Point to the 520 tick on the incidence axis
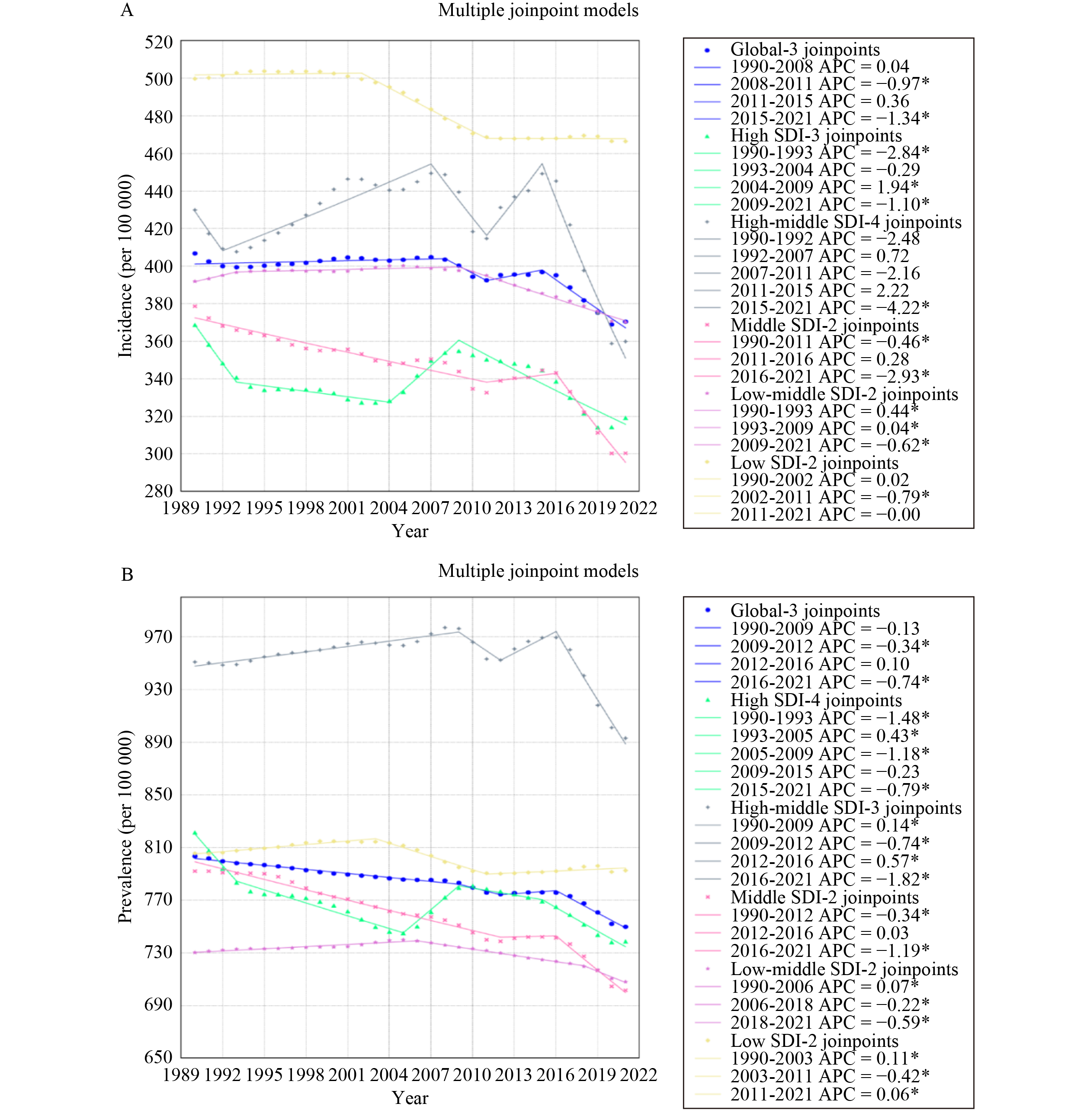point(159,42)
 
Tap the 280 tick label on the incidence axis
point(159,491)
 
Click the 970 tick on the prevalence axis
point(159,636)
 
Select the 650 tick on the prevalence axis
point(159,1057)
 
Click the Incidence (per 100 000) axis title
point(125,266)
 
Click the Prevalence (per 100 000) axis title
point(125,826)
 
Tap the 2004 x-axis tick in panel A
point(389,508)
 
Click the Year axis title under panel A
point(410,531)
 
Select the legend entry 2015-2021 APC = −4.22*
point(830,308)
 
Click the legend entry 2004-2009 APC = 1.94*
point(824,187)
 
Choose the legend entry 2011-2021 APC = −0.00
point(825,515)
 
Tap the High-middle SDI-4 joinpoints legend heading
point(846,222)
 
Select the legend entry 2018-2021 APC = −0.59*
point(830,1022)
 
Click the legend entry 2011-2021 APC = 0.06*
point(824,1094)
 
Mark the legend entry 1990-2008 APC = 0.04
point(819,66)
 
